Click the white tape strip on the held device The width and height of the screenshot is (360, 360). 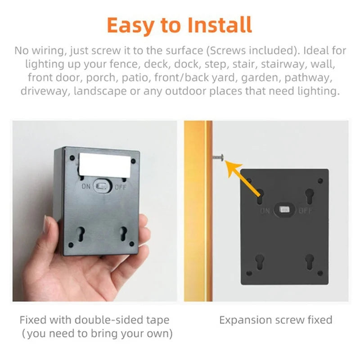click(104, 162)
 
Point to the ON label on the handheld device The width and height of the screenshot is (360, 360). click(86, 186)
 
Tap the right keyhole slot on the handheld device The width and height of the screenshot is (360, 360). click(124, 232)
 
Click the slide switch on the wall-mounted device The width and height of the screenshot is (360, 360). click(284, 210)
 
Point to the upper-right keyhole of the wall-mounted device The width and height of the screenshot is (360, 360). click(309, 196)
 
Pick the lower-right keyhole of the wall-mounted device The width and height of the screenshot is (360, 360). click(309, 262)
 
